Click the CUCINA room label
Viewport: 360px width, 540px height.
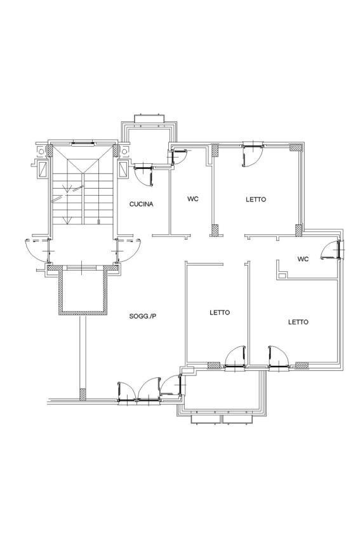pos(141,204)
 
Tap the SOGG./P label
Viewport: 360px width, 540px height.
pos(142,316)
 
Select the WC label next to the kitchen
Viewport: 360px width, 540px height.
pos(193,199)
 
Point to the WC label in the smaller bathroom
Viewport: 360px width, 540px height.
pos(303,259)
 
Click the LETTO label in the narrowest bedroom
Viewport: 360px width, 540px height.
pos(220,313)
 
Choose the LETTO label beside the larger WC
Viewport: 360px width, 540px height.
pos(256,199)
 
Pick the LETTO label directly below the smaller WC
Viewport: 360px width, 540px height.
pos(298,322)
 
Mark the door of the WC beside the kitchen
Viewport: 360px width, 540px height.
pos(178,156)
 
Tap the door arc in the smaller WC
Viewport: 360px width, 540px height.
pos(331,249)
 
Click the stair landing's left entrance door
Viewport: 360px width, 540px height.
pos(39,247)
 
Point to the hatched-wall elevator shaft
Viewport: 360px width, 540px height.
pos(83,292)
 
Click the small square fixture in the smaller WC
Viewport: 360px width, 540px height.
pos(282,275)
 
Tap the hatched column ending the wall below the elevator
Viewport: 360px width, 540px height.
pos(83,394)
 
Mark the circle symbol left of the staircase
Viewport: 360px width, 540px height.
pos(41,151)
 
